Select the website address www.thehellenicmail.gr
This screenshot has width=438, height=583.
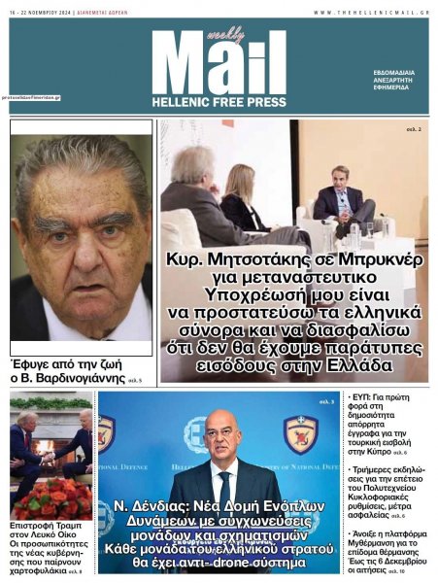tap(371, 12)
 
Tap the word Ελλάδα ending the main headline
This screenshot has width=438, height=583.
tap(345, 366)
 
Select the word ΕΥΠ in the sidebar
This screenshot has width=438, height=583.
tap(361, 399)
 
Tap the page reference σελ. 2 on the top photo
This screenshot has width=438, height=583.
tap(413, 128)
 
